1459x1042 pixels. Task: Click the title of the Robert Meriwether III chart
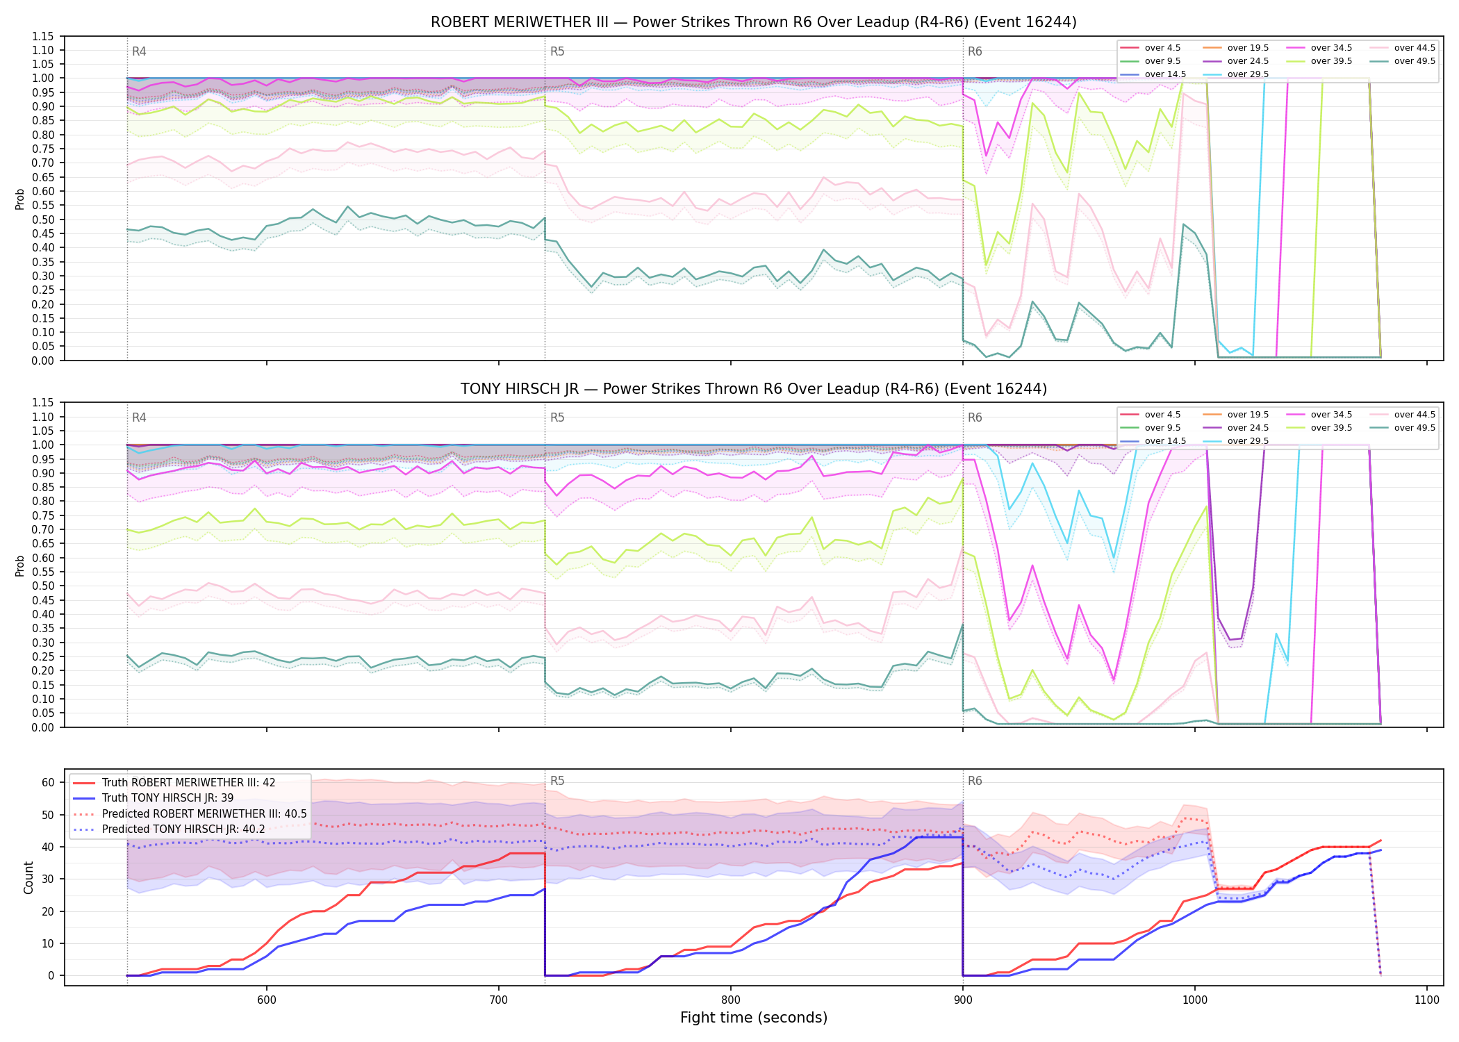coord(754,22)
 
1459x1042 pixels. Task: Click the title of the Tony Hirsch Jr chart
coord(754,389)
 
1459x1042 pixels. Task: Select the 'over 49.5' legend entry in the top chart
coord(1403,61)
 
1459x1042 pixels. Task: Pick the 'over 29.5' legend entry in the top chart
coord(1236,74)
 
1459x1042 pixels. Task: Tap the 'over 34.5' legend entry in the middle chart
coord(1319,415)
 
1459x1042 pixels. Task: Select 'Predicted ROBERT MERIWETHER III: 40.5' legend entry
coord(190,813)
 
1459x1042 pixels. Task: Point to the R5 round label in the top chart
coord(557,51)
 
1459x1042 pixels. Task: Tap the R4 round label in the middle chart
coord(139,417)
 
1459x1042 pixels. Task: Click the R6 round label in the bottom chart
coord(975,781)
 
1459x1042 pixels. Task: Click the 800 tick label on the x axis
coord(730,1000)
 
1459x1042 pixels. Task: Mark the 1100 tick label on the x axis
coord(1426,1000)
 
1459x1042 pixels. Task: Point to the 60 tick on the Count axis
coord(48,782)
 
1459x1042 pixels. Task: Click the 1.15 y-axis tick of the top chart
coord(42,36)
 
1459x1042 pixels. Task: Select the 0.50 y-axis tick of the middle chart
coord(42,586)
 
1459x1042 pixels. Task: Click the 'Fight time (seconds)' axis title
coord(754,1018)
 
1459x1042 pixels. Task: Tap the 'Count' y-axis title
coord(28,877)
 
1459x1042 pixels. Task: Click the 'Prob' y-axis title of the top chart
coord(19,199)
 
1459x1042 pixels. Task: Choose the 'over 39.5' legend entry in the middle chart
coord(1319,428)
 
